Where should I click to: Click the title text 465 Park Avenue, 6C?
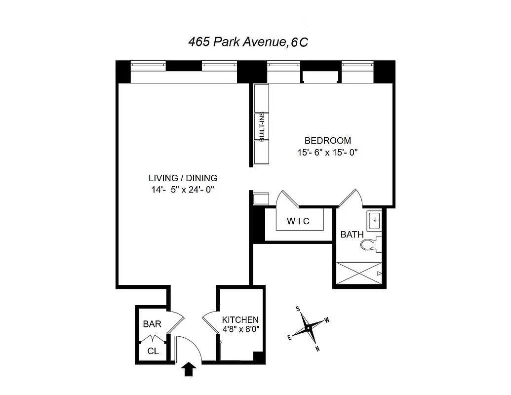tap(248, 42)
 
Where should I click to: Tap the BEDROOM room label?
tap(327, 141)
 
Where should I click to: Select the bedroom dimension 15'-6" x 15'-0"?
tap(327, 153)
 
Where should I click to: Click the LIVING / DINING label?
tap(183, 178)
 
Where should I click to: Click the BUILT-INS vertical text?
tap(262, 127)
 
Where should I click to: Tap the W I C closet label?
tap(299, 221)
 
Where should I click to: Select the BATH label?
tap(352, 235)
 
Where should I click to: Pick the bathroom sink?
tap(373, 220)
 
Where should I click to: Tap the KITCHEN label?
tap(240, 319)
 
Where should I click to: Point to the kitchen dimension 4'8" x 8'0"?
tap(240, 329)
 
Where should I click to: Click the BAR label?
tap(152, 324)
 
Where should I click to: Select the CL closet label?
tap(153, 351)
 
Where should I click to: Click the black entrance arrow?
tap(190, 370)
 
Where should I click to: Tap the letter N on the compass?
tap(317, 349)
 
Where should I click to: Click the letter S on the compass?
tap(298, 309)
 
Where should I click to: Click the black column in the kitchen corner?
tap(258, 356)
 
